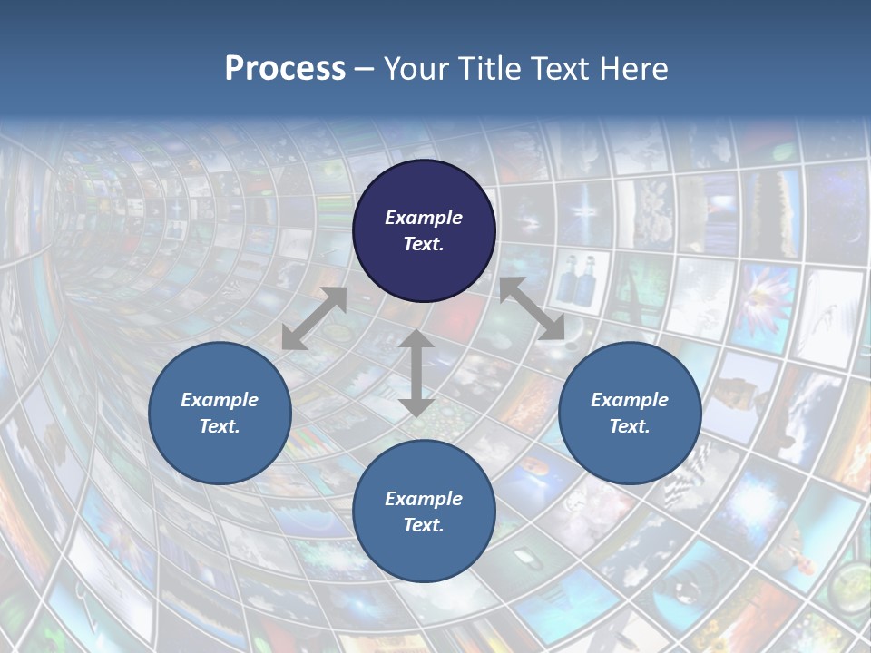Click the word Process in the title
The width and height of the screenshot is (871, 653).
[x=285, y=69]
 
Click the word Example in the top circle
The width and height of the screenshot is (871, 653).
[x=424, y=218]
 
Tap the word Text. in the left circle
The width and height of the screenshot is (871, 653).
[x=220, y=426]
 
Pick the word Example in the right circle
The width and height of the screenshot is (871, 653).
[x=630, y=400]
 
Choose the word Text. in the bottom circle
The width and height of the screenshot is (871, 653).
[x=424, y=525]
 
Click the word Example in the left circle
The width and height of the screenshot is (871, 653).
[x=220, y=400]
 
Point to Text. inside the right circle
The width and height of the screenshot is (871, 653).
[x=630, y=426]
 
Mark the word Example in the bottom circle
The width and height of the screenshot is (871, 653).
[x=424, y=499]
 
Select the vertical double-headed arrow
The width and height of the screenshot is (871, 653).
[x=416, y=373]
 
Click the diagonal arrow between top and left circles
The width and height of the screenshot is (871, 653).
[x=314, y=318]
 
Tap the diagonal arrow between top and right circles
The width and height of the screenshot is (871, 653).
[x=532, y=309]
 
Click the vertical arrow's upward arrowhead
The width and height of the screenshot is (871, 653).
[x=416, y=341]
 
